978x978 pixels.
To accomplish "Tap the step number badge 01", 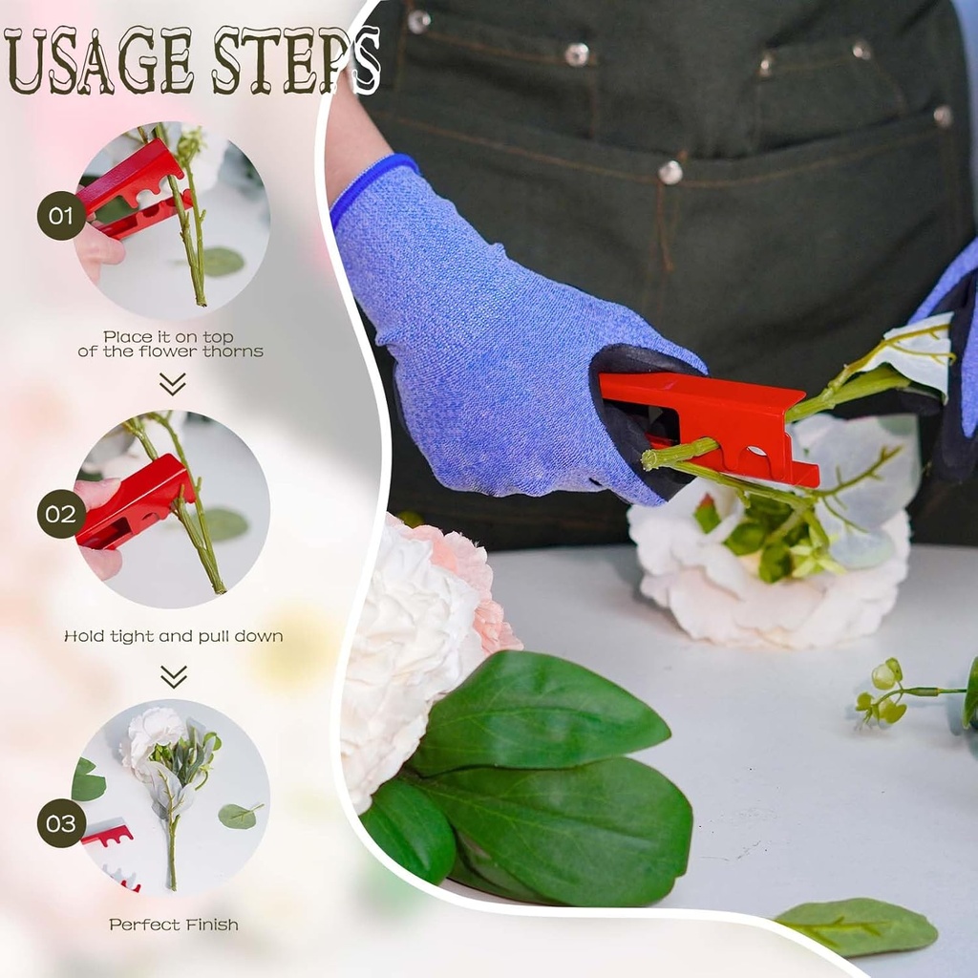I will click(61, 215).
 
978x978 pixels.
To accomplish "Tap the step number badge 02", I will click(61, 514).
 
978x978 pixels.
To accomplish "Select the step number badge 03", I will click(61, 822).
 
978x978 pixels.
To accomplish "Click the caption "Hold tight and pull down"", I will click(173, 636).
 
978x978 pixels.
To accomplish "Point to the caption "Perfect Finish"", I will click(173, 925).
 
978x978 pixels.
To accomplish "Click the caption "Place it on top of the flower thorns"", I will click(170, 344).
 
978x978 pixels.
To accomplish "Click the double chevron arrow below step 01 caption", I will click(173, 384).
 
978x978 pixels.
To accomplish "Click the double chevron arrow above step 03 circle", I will click(173, 676).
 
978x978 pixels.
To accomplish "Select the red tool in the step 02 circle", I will click(134, 501).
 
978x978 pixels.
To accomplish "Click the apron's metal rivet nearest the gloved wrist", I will click(670, 173).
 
